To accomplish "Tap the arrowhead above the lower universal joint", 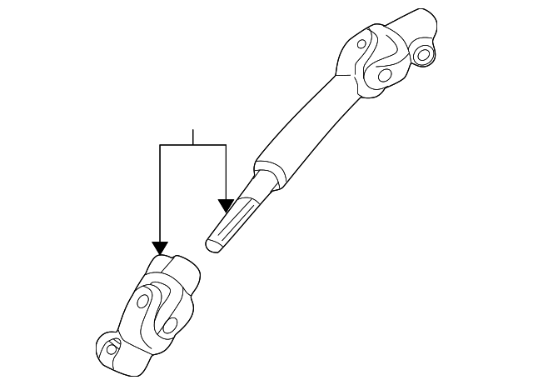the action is [160, 247].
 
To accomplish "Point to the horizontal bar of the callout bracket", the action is [193, 145].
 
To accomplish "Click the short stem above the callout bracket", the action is [193, 137].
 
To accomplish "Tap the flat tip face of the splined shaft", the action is [212, 242].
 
